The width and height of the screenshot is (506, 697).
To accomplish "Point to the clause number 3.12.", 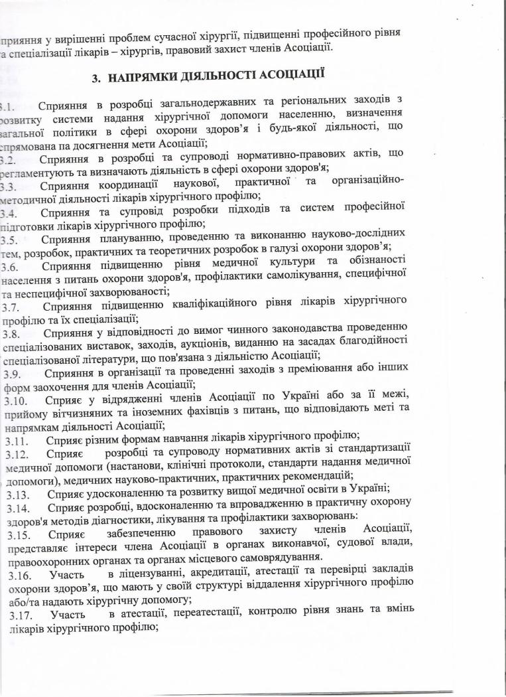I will (x=18, y=453).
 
